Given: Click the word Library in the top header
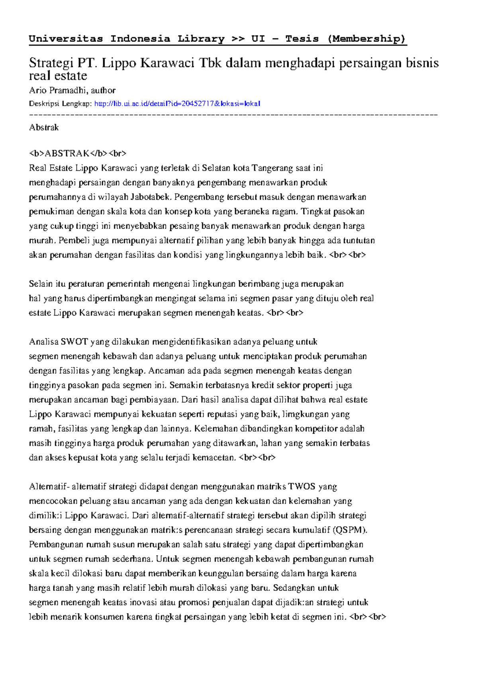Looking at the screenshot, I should click(201, 39).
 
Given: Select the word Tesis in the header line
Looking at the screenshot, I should click(302, 39).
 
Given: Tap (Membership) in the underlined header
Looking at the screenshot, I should click(366, 39).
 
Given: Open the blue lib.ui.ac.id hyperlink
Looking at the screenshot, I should click(177, 104).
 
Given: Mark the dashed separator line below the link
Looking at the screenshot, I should click(233, 115).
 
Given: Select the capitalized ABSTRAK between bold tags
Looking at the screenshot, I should click(67, 154).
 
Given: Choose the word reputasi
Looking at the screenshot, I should click(222, 414).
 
